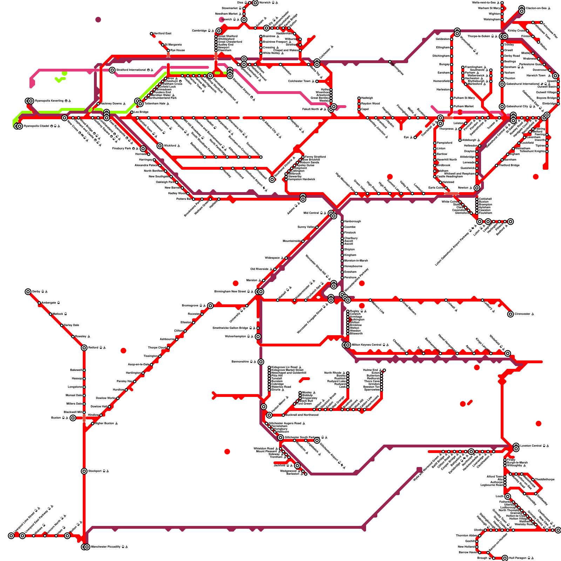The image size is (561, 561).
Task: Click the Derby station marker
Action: [28, 292]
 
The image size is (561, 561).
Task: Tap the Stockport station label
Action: [96, 471]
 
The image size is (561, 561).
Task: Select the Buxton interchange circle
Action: [73, 418]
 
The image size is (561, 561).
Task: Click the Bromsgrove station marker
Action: [210, 306]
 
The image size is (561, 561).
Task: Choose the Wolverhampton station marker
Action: [258, 337]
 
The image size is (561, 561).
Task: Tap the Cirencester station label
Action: [524, 314]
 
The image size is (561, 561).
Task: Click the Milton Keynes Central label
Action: [368, 345]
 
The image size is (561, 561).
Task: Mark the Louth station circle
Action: [508, 496]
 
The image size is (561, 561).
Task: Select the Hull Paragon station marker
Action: [505, 558]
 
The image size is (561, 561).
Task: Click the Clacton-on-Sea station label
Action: [536, 8]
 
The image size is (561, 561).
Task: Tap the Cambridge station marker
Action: [219, 31]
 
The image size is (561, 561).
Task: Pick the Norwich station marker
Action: [255, 3]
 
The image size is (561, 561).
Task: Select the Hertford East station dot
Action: [151, 34]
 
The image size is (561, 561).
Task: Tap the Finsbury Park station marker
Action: [143, 149]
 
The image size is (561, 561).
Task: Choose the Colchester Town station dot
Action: [317, 81]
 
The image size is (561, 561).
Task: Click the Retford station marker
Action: [84, 348]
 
